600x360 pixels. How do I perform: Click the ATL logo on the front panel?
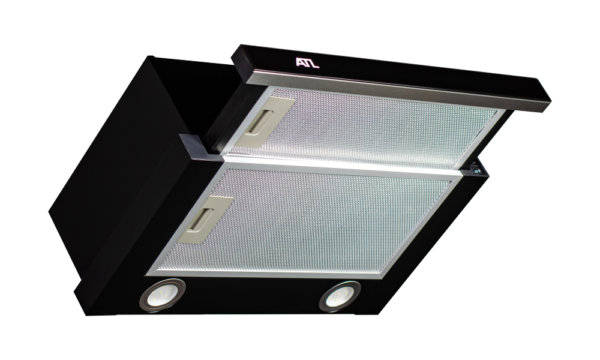coord(307,63)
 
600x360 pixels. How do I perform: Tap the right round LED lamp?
coord(340,296)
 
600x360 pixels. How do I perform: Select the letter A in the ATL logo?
coord(300,62)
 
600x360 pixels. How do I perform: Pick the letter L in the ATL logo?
coord(315,64)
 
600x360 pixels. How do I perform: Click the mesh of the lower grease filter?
coord(306,222)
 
